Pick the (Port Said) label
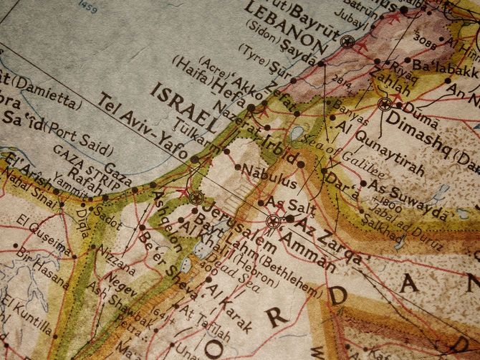(x=80, y=138)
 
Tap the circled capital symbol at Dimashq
(x=384, y=103)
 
